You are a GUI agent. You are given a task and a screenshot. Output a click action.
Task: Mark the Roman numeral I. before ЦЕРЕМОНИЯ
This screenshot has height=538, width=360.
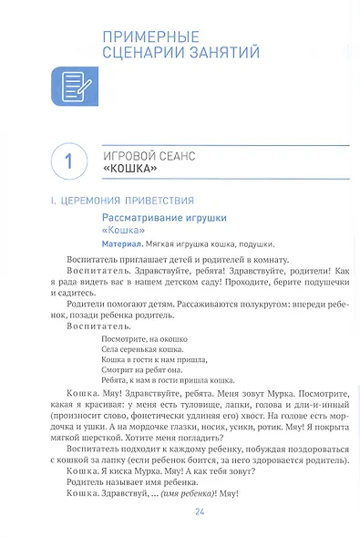[x=51, y=200]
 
